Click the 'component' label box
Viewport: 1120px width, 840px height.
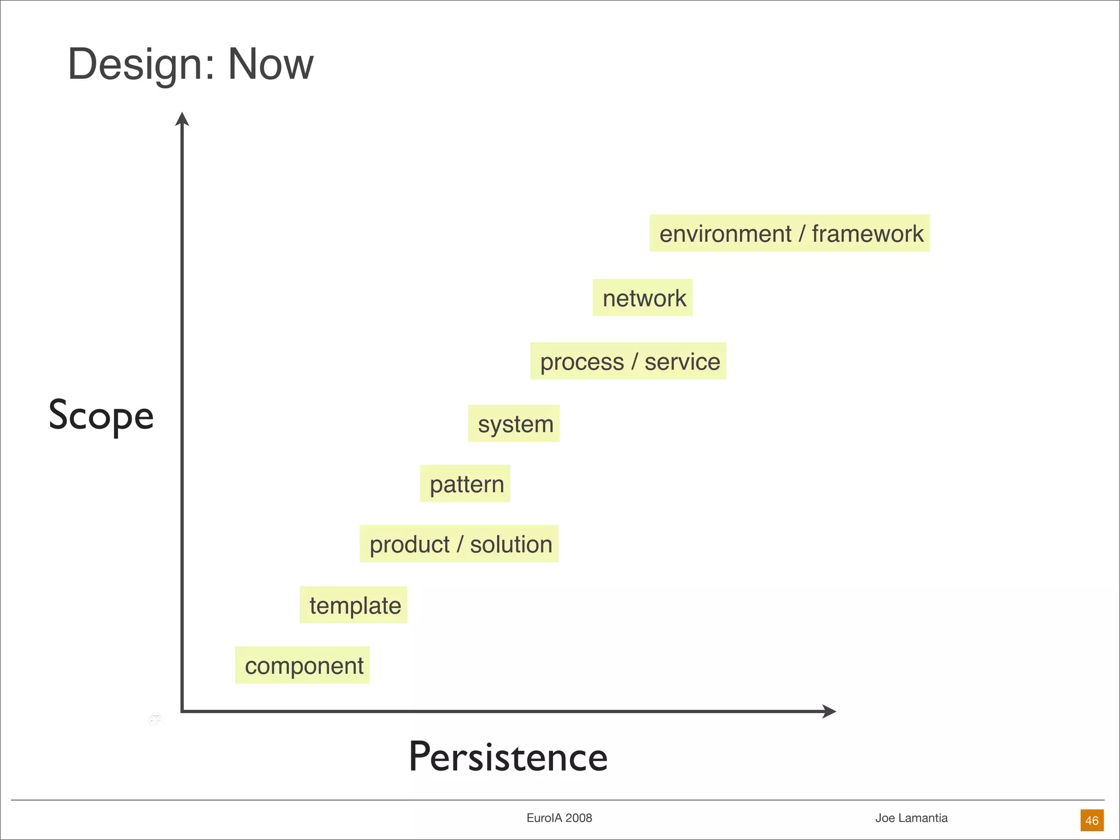click(x=302, y=665)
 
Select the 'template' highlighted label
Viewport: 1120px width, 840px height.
click(x=354, y=605)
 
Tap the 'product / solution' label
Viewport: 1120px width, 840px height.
click(x=459, y=544)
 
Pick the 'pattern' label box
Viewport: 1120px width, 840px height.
click(x=465, y=483)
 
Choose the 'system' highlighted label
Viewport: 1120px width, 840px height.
click(x=514, y=423)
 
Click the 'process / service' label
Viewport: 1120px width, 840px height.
click(x=628, y=361)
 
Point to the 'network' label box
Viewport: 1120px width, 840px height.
click(x=643, y=297)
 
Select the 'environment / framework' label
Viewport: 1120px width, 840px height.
click(x=790, y=233)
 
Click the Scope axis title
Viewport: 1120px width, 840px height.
click(x=101, y=416)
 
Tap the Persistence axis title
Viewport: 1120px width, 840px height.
click(x=508, y=757)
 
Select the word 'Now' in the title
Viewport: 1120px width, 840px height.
click(x=271, y=64)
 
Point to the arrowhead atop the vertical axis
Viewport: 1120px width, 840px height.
click(x=182, y=119)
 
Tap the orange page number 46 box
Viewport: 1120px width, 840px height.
click(x=1092, y=820)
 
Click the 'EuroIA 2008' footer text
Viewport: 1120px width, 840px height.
click(x=559, y=818)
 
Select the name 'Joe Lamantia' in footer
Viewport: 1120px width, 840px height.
click(x=911, y=818)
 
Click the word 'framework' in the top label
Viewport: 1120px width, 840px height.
click(x=867, y=234)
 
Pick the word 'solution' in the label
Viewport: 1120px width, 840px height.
click(x=511, y=544)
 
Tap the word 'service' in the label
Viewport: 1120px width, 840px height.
click(x=682, y=361)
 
